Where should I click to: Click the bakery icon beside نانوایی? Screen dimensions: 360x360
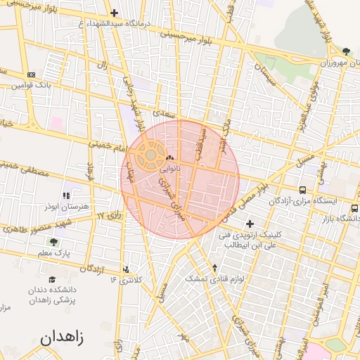(170, 157)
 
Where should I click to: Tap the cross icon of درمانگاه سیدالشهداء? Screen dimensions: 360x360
(114, 13)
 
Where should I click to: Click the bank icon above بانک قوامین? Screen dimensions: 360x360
(31, 75)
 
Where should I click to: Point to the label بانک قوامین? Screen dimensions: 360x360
(32, 86)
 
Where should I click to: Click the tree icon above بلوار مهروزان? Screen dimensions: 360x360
(346, 51)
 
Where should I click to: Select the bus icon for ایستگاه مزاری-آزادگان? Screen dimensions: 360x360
(302, 190)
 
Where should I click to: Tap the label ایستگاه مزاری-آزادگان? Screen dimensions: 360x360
(302, 202)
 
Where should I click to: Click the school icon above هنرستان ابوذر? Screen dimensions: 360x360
(66, 195)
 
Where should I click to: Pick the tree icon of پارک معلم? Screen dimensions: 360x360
(53, 242)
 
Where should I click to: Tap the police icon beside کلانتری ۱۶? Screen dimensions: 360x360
(126, 269)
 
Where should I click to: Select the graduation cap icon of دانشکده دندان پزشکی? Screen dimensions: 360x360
(53, 278)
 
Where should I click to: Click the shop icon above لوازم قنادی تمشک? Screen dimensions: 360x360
(215, 268)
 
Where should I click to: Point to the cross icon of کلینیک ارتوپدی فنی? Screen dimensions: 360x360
(250, 224)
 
